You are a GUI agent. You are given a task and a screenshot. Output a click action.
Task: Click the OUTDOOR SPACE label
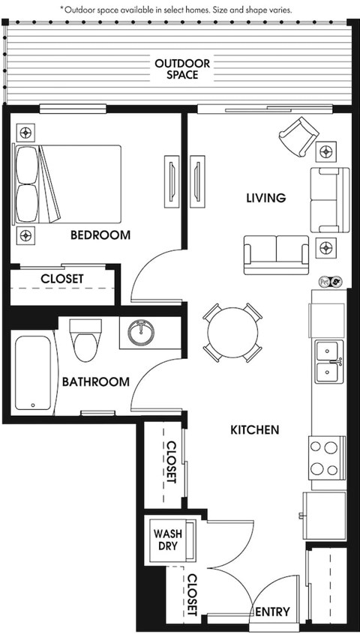(x=182, y=69)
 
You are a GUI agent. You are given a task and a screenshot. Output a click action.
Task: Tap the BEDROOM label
(x=100, y=235)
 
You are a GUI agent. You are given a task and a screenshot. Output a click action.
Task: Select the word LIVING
(x=266, y=198)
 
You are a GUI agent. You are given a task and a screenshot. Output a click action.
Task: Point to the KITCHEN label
(x=255, y=430)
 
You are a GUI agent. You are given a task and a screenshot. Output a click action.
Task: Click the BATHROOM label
(x=95, y=381)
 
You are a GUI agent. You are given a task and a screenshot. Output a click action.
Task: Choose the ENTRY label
(x=273, y=612)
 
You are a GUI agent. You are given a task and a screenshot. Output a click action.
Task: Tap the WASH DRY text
(x=167, y=540)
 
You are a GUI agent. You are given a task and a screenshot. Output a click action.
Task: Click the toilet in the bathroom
(x=85, y=340)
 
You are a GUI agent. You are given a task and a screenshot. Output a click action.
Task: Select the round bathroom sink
(x=141, y=333)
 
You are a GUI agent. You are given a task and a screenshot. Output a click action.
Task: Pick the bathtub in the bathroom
(x=34, y=373)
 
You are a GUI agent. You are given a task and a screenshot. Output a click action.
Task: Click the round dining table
(x=232, y=333)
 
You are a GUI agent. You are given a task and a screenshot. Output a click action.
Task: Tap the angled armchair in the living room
(x=298, y=136)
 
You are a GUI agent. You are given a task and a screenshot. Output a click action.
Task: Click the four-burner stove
(x=327, y=458)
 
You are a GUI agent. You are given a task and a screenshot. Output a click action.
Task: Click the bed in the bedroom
(x=67, y=184)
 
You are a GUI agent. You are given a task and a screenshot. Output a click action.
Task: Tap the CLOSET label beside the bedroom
(x=62, y=279)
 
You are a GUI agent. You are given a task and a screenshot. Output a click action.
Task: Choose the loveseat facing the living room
(x=277, y=255)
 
